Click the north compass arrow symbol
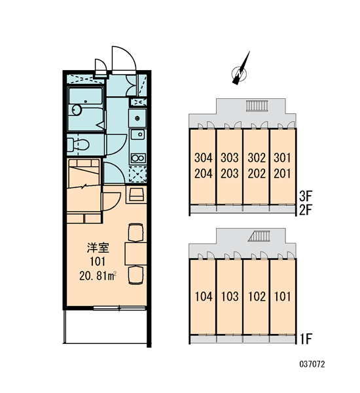[x=240, y=71]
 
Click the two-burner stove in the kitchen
[x=138, y=158]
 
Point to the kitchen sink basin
[x=137, y=135]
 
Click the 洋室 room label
[x=98, y=248]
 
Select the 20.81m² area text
[x=98, y=276]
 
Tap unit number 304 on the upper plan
[x=204, y=158]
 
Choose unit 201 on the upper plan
[x=283, y=174]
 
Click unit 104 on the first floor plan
[x=204, y=297]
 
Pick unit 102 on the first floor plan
[x=257, y=297]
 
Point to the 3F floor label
[x=305, y=196]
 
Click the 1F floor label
[x=306, y=339]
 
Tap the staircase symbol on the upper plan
[x=257, y=105]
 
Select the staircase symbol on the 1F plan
[x=259, y=236]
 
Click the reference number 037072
[x=312, y=364]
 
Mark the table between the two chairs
[x=135, y=253]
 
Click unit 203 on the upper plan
[x=230, y=174]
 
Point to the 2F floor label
[x=305, y=210]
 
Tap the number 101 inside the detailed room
[x=98, y=261]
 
